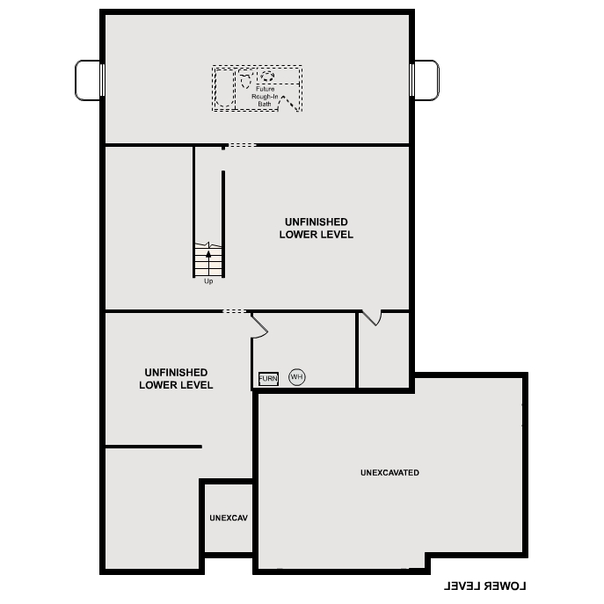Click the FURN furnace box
coord(268,378)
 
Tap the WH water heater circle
coord(296,377)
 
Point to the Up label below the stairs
coord(208,281)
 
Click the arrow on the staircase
coord(208,254)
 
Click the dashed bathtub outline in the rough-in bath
coord(223,88)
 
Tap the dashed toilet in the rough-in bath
coord(288,102)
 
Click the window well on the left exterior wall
coord(88,80)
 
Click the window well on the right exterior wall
coord(426,80)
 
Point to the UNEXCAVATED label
coord(389,473)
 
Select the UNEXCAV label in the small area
coord(229,518)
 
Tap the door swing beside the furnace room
coord(259,325)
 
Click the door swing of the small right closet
coord(372,317)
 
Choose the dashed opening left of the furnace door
coord(235,311)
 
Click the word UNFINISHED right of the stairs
coord(316,222)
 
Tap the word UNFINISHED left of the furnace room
coord(176,372)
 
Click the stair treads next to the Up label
coord(208,264)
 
